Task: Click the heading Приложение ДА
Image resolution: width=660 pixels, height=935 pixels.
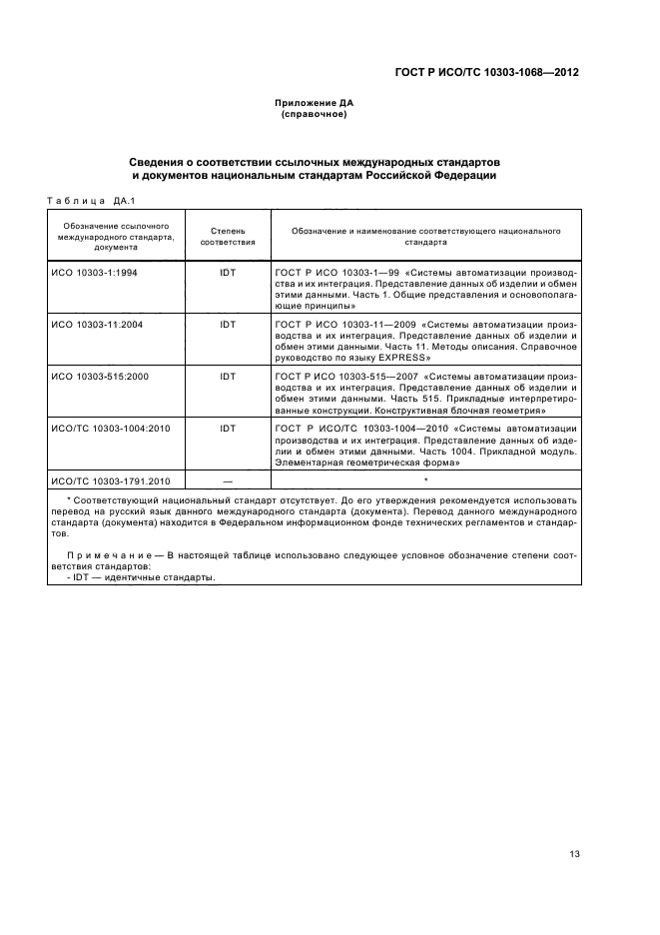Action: (x=315, y=103)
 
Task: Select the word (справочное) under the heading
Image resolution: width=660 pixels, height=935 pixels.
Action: (x=315, y=114)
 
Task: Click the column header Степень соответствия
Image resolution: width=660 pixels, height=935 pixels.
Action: (x=228, y=236)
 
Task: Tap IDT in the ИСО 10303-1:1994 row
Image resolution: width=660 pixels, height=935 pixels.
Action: (x=228, y=272)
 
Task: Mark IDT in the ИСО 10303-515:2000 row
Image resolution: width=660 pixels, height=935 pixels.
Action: (x=228, y=376)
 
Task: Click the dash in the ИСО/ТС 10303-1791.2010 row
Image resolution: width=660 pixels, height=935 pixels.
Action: (x=228, y=481)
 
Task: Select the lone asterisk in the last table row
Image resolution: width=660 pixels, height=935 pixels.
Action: (x=425, y=480)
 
